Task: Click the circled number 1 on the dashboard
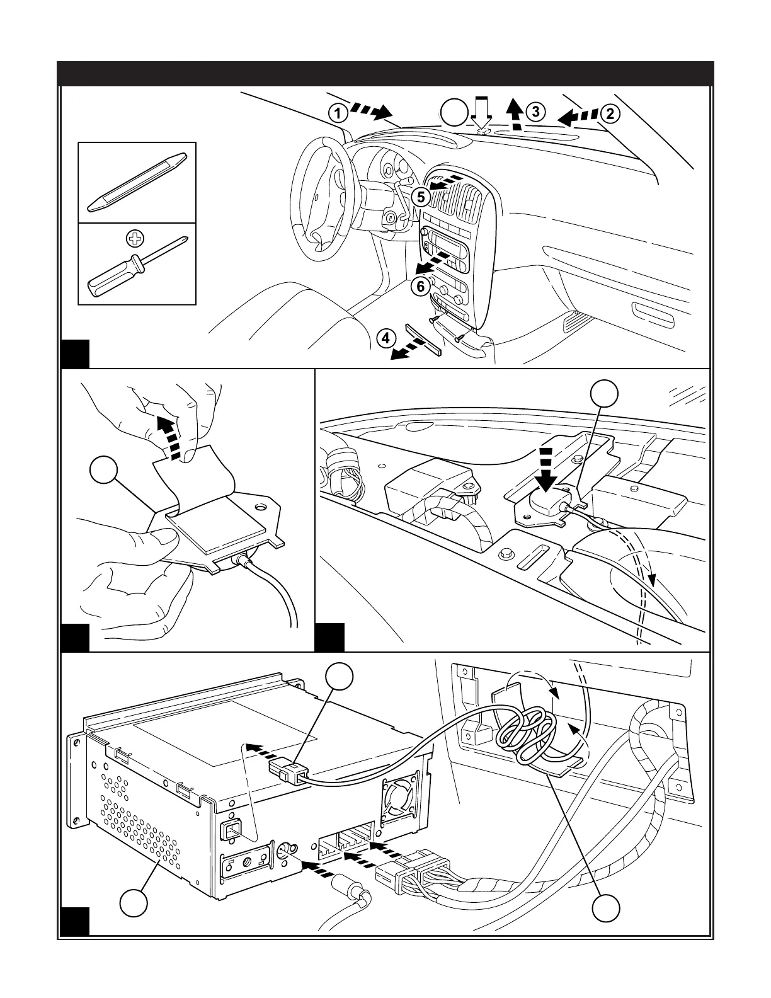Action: (338, 113)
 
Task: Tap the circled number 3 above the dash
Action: (534, 112)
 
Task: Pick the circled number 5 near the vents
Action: (421, 197)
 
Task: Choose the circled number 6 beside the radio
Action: (421, 286)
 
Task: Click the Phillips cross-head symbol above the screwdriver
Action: (134, 238)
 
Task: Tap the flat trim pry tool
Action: (137, 181)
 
